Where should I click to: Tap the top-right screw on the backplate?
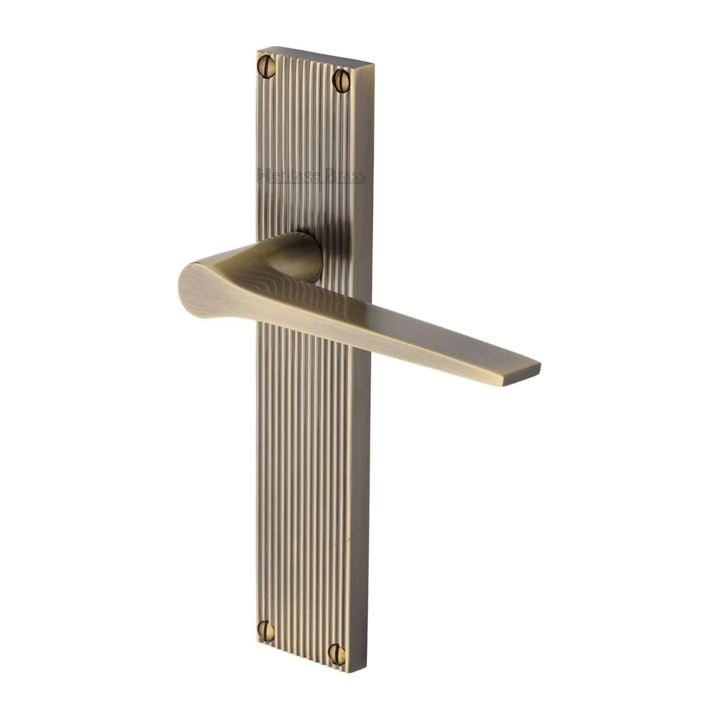(x=342, y=80)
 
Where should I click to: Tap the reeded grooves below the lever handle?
(x=302, y=474)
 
